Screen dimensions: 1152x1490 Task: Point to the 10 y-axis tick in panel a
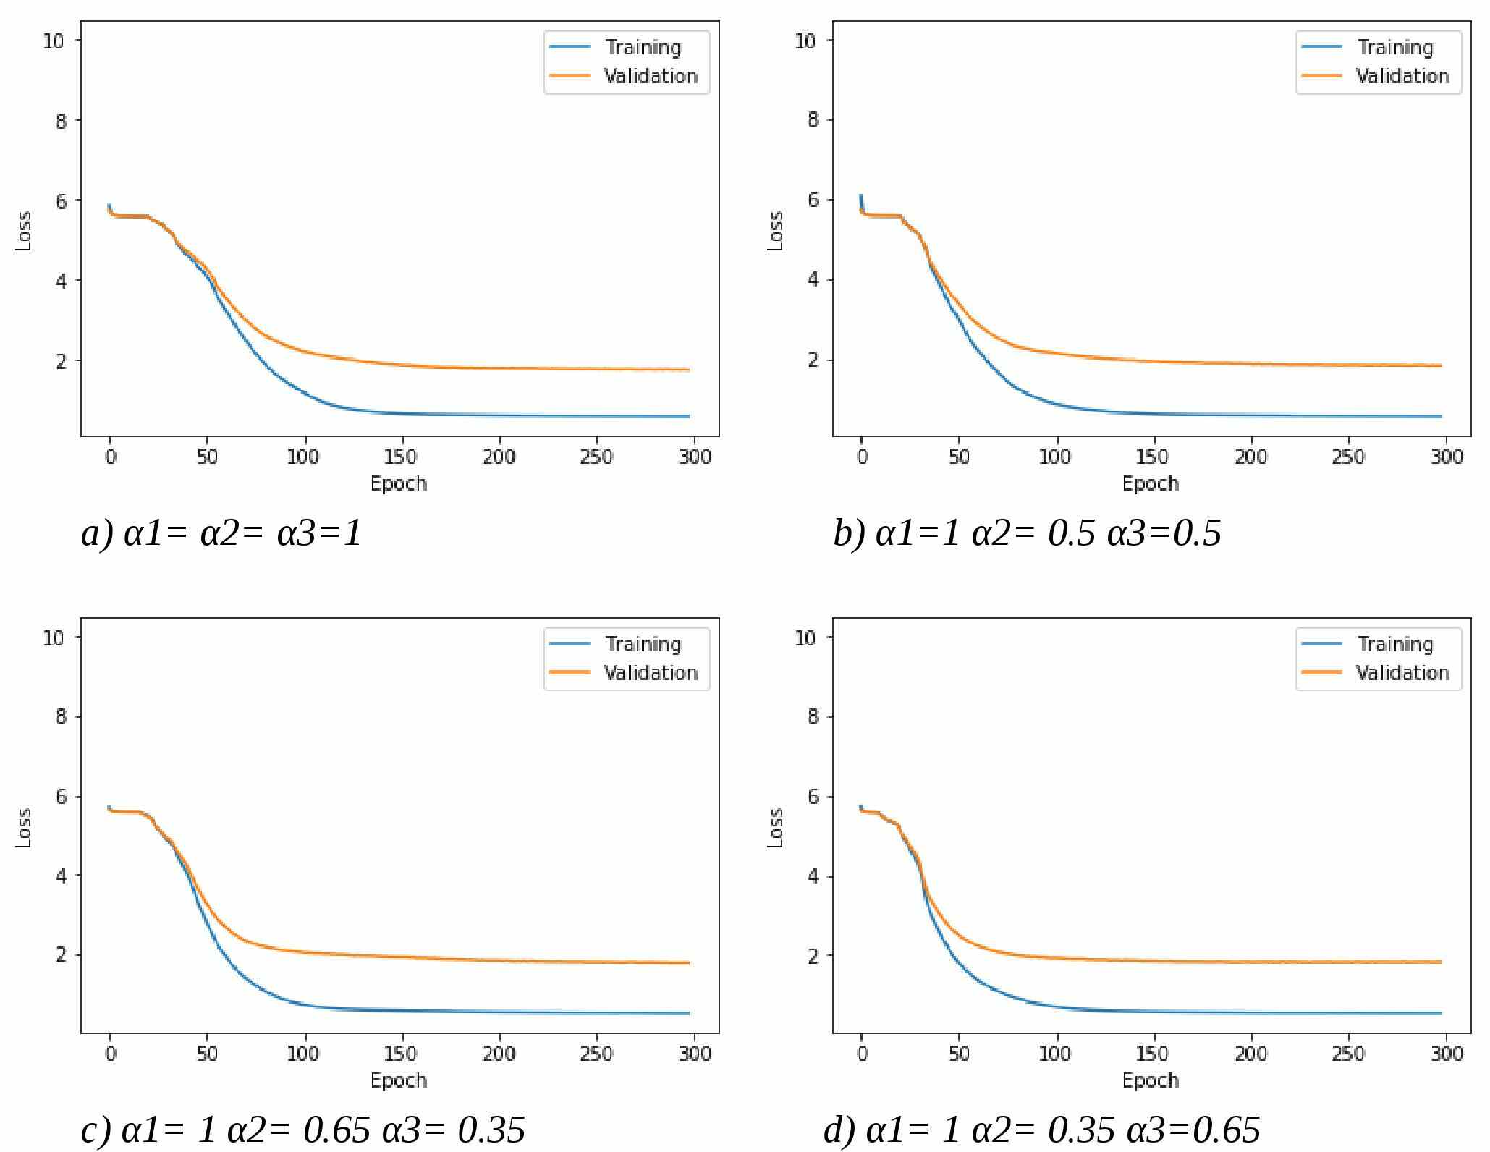(x=54, y=41)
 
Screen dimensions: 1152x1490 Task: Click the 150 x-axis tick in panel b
(x=1151, y=457)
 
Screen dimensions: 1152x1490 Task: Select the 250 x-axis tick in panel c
(x=596, y=1054)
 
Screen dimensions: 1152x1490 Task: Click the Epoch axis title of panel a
(x=399, y=483)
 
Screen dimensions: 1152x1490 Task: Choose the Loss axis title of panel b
(x=775, y=230)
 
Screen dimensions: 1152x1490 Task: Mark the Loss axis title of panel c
(x=24, y=827)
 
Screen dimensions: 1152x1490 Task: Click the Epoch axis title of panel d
(x=1151, y=1080)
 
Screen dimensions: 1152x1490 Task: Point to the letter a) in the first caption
(x=97, y=534)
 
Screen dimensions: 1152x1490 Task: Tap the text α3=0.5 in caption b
(x=1164, y=534)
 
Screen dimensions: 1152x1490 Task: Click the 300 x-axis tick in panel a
(x=695, y=457)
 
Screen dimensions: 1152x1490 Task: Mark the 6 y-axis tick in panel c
(x=61, y=797)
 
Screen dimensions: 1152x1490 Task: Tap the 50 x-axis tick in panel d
(x=959, y=1054)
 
